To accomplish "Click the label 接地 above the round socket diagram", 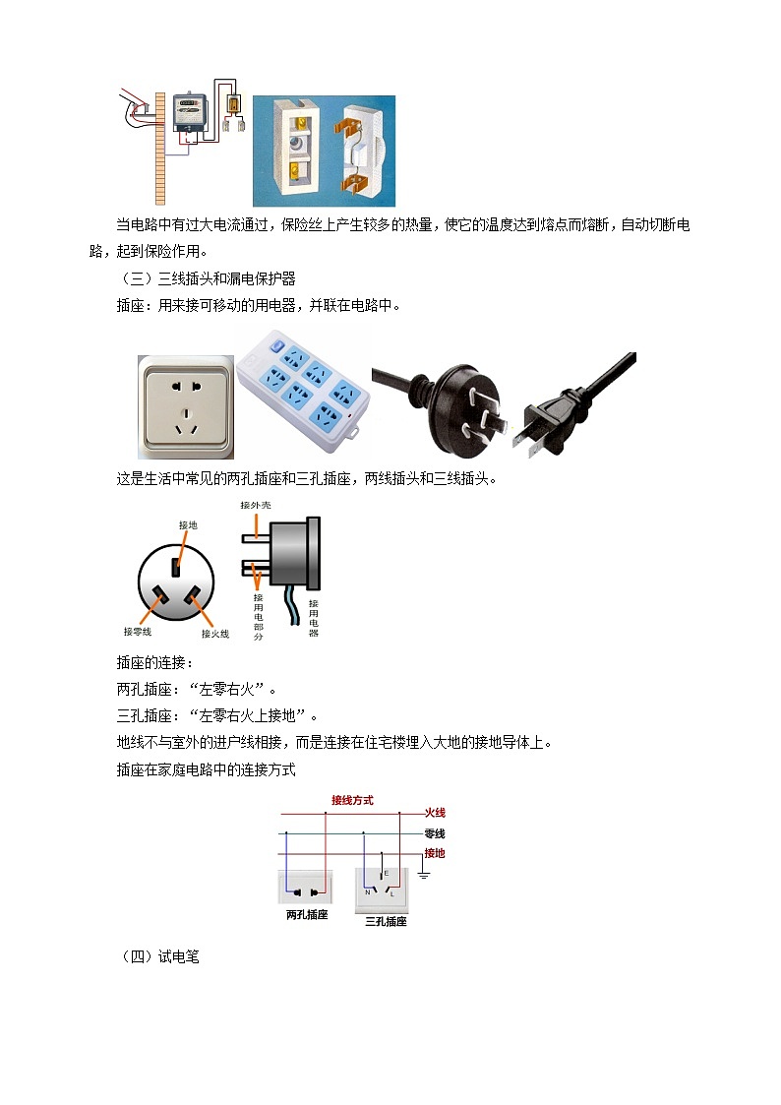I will (187, 525).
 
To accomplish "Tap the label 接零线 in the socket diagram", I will (138, 631).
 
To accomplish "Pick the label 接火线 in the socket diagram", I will (214, 634).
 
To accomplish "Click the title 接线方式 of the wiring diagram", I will (352, 801).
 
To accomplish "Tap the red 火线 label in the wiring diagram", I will (435, 813).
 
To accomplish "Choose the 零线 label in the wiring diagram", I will (435, 833).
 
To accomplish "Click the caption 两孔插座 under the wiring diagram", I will (307, 915).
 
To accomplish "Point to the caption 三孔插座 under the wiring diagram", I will (386, 921).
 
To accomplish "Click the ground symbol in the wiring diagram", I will (425, 873).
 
